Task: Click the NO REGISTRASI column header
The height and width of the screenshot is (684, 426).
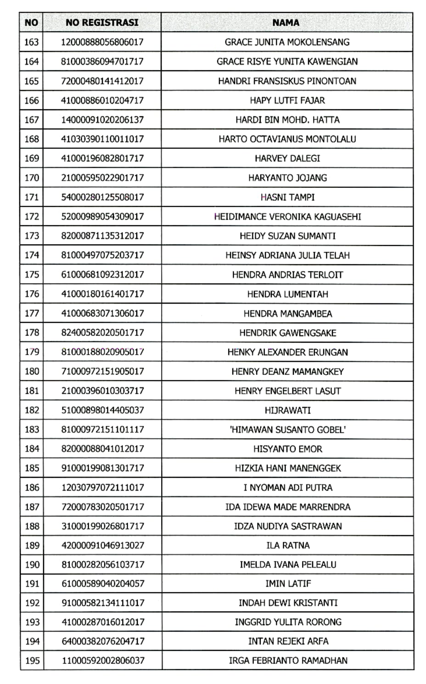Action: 102,23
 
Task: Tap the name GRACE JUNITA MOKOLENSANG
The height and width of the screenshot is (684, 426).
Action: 287,42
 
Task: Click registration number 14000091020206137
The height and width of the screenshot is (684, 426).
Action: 102,120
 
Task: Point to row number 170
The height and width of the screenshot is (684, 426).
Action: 32,178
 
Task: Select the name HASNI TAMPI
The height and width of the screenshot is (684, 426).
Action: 287,197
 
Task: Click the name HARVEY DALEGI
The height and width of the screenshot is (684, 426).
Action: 287,158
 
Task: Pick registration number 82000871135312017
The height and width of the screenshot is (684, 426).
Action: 102,236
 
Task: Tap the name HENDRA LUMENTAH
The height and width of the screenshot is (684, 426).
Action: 287,294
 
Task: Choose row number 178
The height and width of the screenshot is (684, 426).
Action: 32,333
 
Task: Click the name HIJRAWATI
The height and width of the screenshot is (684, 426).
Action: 287,410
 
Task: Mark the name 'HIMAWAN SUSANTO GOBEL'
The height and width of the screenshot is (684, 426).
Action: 287,430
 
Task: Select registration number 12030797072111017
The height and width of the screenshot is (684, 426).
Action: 102,487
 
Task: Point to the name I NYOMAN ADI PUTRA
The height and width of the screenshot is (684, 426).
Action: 288,487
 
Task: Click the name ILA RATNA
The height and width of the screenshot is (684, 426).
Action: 288,545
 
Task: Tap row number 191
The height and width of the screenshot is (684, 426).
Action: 32,583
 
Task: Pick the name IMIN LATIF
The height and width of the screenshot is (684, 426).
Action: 288,583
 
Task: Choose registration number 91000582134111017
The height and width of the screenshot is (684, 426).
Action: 103,603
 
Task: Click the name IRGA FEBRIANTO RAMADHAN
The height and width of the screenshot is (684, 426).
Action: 288,661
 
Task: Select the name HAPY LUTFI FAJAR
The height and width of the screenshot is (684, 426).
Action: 287,101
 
